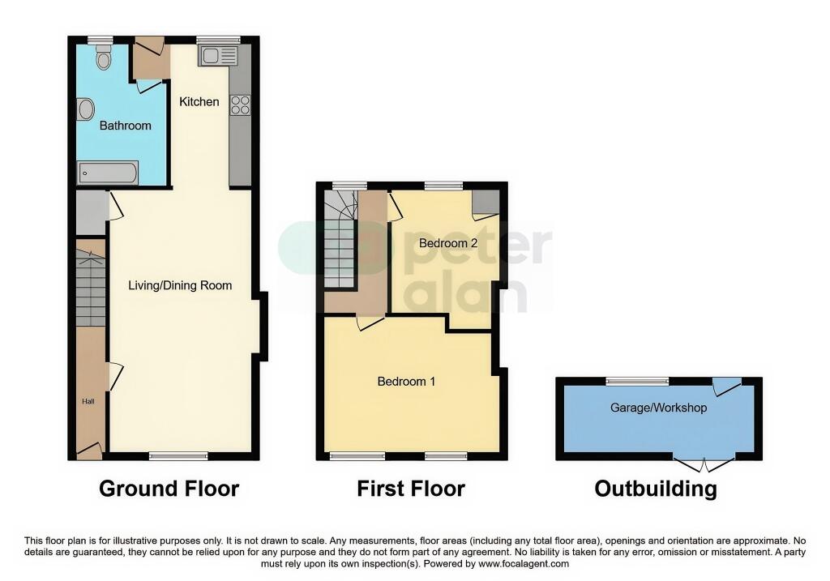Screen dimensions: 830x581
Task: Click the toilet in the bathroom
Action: coord(104,58)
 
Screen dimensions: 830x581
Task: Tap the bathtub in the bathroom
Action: coord(108,173)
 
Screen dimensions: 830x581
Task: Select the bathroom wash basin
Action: coord(85,109)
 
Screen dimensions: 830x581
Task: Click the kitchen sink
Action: coord(217,56)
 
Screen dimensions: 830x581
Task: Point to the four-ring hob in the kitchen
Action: coord(240,105)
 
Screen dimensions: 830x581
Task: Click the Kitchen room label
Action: coord(199,101)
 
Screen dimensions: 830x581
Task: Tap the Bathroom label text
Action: coord(126,126)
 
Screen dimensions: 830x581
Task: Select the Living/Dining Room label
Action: coord(180,286)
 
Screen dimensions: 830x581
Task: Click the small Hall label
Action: coord(88,402)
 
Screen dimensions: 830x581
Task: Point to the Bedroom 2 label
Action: coord(448,243)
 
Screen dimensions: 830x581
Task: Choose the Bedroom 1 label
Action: coord(406,382)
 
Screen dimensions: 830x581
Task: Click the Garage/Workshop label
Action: coord(658,408)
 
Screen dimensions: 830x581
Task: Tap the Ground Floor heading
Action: coord(169,489)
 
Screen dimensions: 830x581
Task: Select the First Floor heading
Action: coord(411,489)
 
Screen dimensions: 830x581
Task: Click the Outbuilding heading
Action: coord(656,489)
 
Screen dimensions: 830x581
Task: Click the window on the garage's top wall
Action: coord(637,381)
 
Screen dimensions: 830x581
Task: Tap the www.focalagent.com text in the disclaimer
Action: coord(524,564)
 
